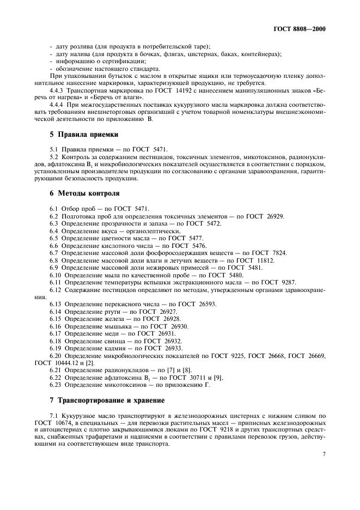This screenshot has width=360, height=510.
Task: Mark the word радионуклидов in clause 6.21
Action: [117, 371]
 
